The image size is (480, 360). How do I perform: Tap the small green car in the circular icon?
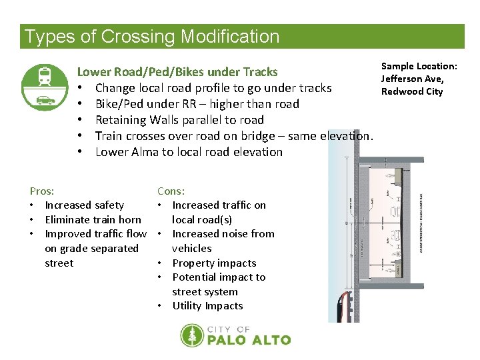[45, 100]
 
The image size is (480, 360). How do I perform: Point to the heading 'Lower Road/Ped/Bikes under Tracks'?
[177, 71]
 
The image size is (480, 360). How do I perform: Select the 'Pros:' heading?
[42, 191]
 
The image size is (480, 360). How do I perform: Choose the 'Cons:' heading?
[171, 191]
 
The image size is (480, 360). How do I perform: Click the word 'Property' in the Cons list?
[195, 263]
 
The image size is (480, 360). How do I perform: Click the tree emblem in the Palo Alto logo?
[192, 335]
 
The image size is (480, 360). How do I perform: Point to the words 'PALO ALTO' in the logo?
[249, 340]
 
